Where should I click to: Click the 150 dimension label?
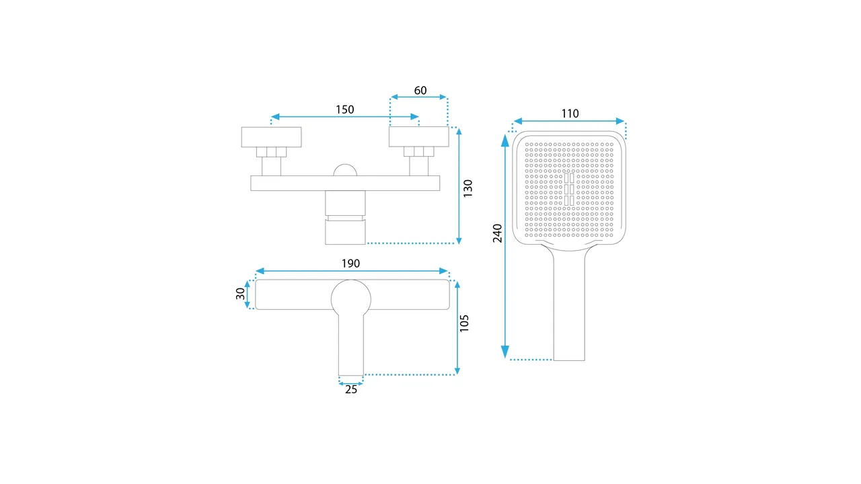[345, 110]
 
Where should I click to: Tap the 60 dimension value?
[420, 91]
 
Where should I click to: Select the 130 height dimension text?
[468, 188]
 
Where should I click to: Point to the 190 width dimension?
[351, 263]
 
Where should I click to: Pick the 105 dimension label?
[464, 323]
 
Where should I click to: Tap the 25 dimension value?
[351, 389]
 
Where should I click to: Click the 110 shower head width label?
[570, 114]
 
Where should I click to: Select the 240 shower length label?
[498, 233]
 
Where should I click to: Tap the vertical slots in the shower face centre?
[569, 189]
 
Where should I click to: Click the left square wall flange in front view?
[271, 136]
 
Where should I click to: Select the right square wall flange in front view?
[419, 136]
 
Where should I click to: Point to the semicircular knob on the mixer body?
[346, 169]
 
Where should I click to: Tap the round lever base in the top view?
[351, 295]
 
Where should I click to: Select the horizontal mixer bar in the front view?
[345, 183]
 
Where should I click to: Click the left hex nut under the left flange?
[272, 152]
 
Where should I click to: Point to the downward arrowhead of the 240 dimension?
[505, 352]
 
